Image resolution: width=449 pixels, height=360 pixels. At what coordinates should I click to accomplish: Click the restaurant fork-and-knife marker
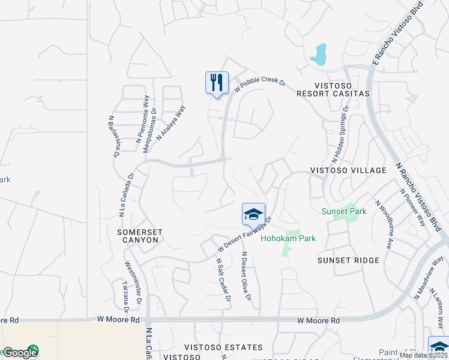(x=217, y=83)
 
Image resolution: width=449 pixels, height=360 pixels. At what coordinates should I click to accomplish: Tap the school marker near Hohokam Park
(x=253, y=214)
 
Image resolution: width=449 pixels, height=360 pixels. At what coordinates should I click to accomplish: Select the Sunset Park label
(x=343, y=211)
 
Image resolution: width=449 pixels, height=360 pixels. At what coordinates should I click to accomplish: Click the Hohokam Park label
(x=288, y=238)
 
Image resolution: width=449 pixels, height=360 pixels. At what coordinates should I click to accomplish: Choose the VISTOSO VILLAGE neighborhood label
(x=348, y=170)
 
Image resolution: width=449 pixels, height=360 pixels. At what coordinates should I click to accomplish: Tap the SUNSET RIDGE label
(x=349, y=260)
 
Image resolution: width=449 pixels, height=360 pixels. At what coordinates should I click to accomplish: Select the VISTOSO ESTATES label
(x=223, y=347)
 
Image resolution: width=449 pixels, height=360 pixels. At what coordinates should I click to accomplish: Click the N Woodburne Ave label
(x=384, y=225)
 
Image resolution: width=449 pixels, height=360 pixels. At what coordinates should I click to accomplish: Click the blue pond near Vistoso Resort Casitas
(x=318, y=55)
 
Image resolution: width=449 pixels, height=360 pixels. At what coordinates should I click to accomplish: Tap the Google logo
(x=20, y=352)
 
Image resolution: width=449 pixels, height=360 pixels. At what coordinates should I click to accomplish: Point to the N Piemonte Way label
(x=142, y=118)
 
